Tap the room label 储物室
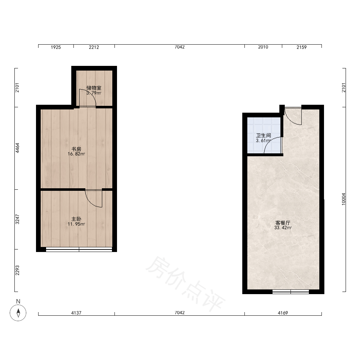94,88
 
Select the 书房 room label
76,149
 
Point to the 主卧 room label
76,219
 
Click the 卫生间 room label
264,135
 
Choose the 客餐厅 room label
283,223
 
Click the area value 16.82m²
76,154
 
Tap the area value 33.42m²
283,228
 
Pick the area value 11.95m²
76,224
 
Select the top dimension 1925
56,47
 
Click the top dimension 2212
94,47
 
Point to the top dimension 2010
263,47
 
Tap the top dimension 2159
301,47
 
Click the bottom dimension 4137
76,313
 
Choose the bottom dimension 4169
283,313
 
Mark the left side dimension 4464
17,148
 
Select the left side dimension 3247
17,219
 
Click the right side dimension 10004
343,199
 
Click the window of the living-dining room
291,292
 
